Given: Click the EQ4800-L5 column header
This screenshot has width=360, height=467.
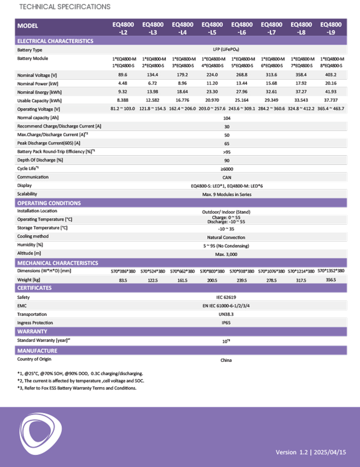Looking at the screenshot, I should coord(212,28).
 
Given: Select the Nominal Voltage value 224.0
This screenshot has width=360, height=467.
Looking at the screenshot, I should coord(212,75).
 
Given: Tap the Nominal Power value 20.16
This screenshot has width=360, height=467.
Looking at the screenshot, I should coord(331,83).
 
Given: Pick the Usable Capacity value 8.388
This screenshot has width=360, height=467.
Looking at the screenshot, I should coord(123,100).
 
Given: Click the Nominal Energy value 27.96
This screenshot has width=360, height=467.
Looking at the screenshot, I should coord(242,92).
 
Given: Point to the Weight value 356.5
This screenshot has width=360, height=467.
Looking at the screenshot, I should coord(331,280).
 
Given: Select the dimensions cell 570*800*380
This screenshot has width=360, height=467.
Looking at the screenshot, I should coord(212,271).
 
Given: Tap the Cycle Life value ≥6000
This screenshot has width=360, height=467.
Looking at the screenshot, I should coord(227,169).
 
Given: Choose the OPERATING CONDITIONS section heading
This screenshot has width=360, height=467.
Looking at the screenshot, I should coord(49,203).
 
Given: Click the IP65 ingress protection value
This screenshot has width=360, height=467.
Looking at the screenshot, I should coord(226,323).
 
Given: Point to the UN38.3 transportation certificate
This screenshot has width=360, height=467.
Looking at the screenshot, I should coord(226,314).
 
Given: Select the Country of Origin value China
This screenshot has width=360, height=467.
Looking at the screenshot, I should coord(226,360).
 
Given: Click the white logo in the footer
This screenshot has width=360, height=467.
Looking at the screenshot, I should coord(40,433).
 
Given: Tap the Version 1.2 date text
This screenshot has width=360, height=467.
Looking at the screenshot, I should coord(311,452).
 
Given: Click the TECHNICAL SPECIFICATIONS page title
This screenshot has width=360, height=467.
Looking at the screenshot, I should coord(65,7).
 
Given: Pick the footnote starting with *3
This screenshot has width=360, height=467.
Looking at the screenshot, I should coord(77,388).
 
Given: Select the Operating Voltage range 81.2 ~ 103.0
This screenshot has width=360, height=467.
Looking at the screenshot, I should coord(123,109).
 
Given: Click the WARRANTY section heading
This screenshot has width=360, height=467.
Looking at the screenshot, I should coord(32,332).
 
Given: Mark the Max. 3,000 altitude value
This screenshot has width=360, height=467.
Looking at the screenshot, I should coord(226,254).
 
